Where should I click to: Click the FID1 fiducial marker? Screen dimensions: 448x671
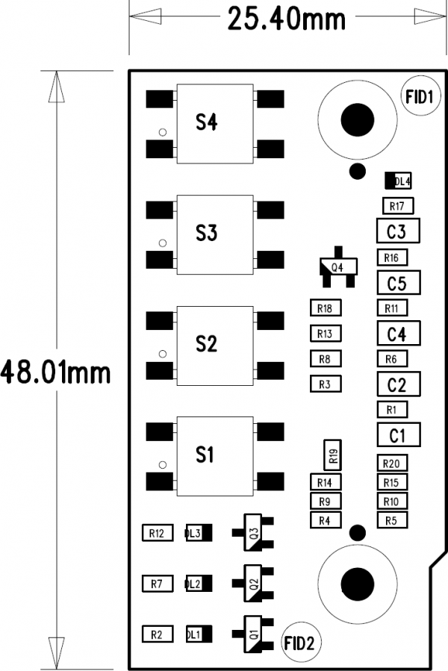(420, 96)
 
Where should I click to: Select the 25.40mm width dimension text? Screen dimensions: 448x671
(286, 19)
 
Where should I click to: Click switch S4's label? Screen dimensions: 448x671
(206, 122)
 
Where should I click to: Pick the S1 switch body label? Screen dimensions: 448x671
(205, 455)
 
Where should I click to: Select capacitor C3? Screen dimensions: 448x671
(398, 231)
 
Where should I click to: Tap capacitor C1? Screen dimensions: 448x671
(399, 435)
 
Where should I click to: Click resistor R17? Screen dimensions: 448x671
(398, 206)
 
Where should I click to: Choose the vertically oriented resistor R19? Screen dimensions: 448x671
(333, 455)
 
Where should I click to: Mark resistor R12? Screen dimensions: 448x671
(158, 533)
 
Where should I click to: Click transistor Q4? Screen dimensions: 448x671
(338, 267)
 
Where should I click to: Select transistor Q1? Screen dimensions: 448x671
(252, 634)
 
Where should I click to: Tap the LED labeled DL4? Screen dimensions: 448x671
(398, 181)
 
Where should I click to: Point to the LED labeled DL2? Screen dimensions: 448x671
(199, 583)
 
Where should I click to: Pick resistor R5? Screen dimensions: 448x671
(392, 520)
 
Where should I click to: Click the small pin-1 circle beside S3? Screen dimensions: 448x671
(163, 243)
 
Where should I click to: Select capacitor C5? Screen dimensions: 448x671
(399, 282)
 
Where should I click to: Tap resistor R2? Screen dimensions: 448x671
(158, 634)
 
